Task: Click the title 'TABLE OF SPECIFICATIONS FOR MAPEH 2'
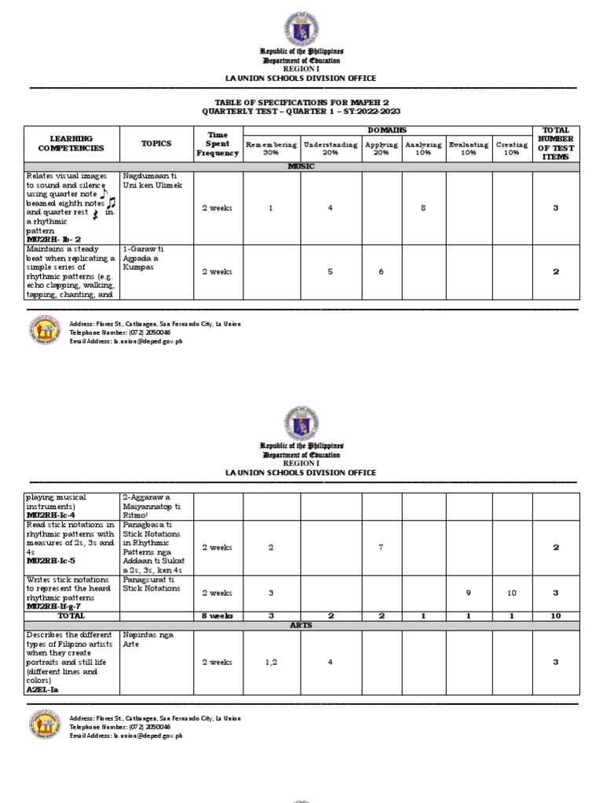click(x=301, y=103)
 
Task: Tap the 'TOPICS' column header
click(x=155, y=144)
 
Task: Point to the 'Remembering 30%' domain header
click(x=270, y=149)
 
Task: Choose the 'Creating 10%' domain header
click(x=511, y=149)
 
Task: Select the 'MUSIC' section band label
click(x=301, y=167)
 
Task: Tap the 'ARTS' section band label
click(x=301, y=626)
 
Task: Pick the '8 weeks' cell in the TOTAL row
click(x=217, y=616)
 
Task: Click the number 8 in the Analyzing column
click(x=422, y=208)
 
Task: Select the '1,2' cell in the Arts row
click(x=270, y=662)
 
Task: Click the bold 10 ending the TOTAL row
click(x=554, y=616)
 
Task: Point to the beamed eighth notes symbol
click(x=108, y=204)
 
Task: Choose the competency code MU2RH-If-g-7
click(x=55, y=607)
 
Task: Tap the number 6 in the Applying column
click(x=381, y=271)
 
